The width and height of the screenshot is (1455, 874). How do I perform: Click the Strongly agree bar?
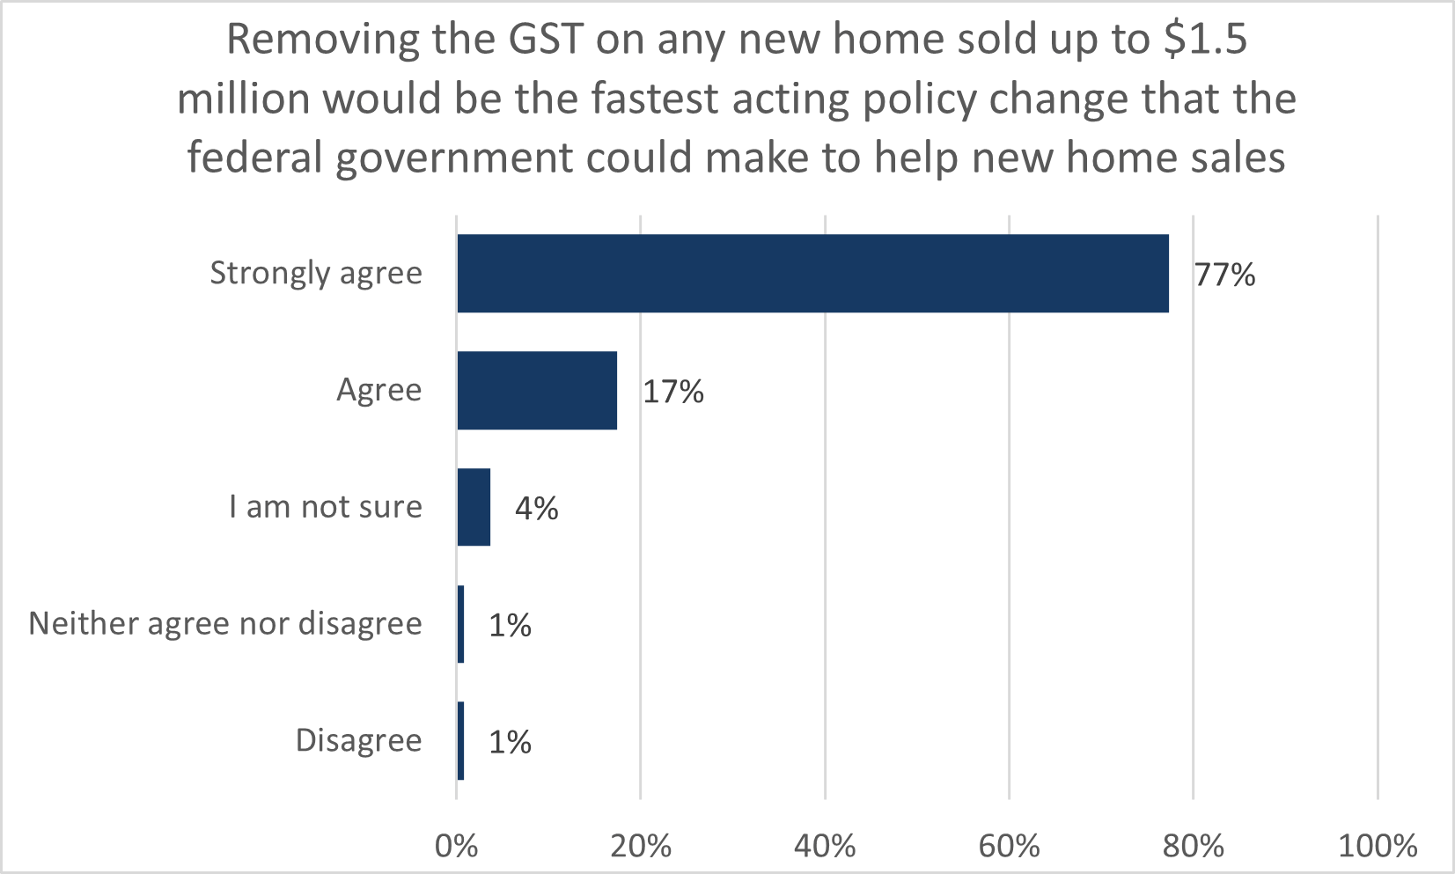(x=812, y=274)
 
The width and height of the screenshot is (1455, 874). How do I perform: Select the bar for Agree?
(x=537, y=391)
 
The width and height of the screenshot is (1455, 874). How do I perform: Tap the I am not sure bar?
(x=474, y=507)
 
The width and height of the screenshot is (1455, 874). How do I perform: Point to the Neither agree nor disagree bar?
(x=460, y=624)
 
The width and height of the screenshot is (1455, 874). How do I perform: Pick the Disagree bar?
(x=460, y=741)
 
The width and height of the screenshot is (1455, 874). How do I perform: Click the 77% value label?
(x=1224, y=275)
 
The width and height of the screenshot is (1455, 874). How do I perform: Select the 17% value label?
(x=673, y=393)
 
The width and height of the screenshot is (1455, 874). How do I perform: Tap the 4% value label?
(x=537, y=509)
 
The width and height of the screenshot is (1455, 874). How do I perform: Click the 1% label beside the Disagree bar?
(x=511, y=743)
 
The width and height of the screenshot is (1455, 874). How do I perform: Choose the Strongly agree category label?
(x=316, y=274)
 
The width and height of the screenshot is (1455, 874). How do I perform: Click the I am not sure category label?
(x=326, y=507)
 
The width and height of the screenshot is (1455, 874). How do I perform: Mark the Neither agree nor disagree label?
(x=225, y=624)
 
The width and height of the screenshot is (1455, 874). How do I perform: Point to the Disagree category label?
(x=358, y=741)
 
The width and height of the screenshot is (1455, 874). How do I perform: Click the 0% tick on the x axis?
(x=457, y=847)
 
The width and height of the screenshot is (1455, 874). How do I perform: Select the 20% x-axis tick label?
(x=641, y=847)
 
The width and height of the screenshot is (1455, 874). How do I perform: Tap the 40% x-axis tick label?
(x=825, y=847)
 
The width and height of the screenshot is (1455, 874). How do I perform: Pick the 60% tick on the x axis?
(x=1009, y=847)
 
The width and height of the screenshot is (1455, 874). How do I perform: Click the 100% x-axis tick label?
(x=1378, y=847)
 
